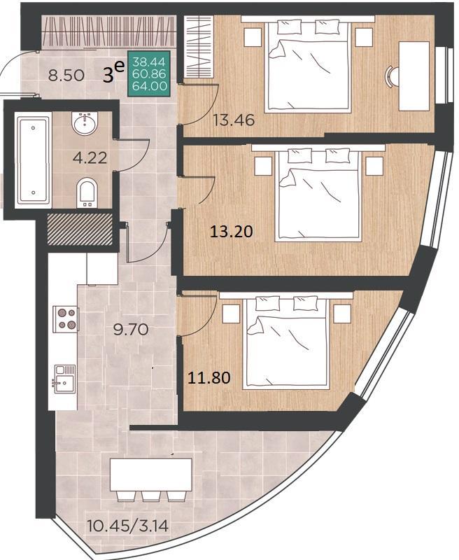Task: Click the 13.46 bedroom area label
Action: [x=234, y=120]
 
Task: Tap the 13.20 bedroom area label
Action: [x=232, y=232]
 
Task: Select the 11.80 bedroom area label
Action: [x=209, y=377]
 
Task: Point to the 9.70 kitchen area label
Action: [x=131, y=329]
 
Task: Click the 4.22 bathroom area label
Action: [x=90, y=157]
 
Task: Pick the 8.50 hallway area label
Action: [x=66, y=76]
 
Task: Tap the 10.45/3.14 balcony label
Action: [x=128, y=526]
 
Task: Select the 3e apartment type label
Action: [x=113, y=73]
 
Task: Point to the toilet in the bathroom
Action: [x=87, y=192]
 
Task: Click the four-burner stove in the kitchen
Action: [x=66, y=318]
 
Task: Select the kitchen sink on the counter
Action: [x=64, y=379]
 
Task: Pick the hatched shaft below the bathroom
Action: [x=80, y=230]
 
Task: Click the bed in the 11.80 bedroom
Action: [x=285, y=342]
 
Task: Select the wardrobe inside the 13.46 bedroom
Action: [x=199, y=47]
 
